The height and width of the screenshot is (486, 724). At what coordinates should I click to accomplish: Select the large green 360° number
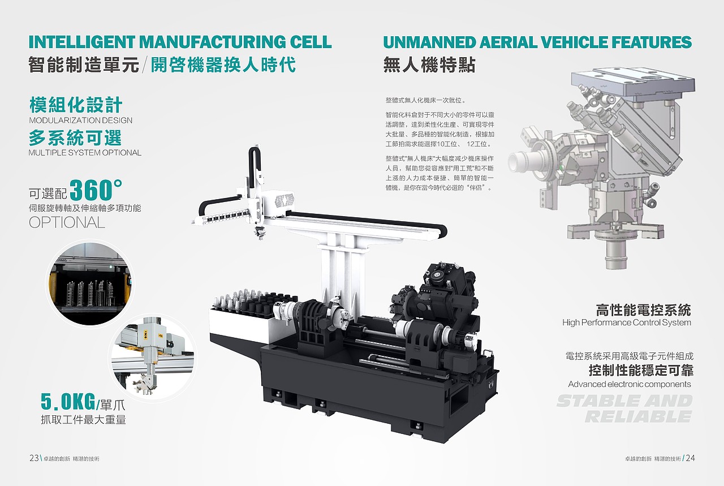[x=96, y=190]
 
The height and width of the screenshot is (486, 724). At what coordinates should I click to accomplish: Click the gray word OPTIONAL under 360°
[x=67, y=222]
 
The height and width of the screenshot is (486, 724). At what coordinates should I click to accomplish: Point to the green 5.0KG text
[x=68, y=402]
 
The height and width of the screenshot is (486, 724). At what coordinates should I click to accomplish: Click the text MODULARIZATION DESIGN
[x=81, y=121]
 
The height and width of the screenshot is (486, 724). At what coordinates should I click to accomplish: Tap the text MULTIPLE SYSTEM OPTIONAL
[x=85, y=153]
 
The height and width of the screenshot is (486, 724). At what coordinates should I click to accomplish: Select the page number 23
[x=34, y=458]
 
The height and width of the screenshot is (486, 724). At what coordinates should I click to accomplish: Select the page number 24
[x=691, y=458]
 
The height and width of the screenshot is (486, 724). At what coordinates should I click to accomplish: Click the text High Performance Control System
[x=627, y=322]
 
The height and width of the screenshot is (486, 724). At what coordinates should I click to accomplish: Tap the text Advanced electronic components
[x=630, y=384]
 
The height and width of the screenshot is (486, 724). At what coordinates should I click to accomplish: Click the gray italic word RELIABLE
[x=639, y=416]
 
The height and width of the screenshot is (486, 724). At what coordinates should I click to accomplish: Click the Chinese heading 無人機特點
[x=429, y=64]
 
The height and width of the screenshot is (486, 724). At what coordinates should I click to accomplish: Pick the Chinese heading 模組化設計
[x=76, y=105]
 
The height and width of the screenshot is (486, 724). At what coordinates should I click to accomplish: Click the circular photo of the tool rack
[x=90, y=284]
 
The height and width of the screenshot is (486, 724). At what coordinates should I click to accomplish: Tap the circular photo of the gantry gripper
[x=153, y=358]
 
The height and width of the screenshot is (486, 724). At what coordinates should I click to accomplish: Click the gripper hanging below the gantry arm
[x=260, y=233]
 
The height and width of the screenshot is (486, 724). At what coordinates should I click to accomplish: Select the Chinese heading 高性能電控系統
[x=644, y=310]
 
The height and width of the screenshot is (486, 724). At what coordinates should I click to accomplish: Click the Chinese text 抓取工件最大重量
[x=83, y=420]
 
